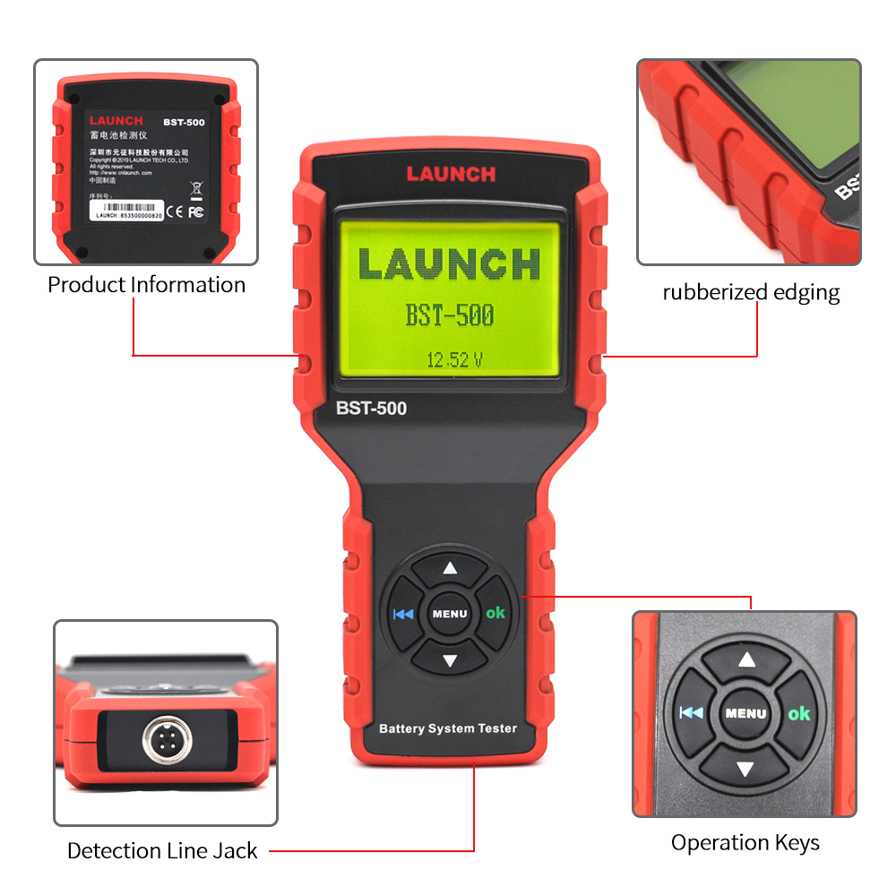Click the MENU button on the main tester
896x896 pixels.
450,614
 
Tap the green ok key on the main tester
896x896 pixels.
495,613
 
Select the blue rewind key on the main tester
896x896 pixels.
403,614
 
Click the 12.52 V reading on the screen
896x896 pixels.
454,360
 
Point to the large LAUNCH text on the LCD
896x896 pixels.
450,264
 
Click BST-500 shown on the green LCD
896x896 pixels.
450,315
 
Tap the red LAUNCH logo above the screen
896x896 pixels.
451,174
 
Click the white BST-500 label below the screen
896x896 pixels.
371,409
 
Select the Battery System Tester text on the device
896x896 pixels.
448,728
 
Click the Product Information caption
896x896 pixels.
146,285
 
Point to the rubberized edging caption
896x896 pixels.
751,292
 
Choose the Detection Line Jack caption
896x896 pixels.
162,850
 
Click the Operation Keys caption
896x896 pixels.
745,842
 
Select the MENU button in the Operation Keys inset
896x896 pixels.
745,713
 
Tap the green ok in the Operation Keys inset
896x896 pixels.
798,713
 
